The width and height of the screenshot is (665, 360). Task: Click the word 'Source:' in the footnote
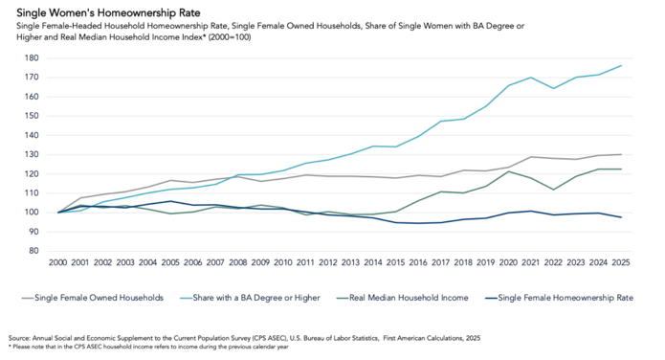(x=20, y=338)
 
